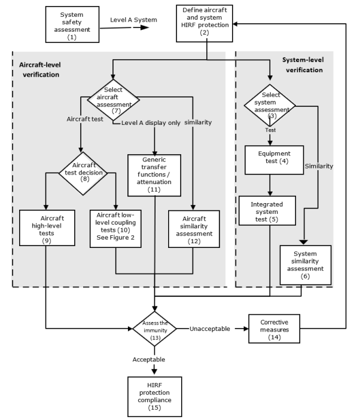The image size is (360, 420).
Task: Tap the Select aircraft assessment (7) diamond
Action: click(x=114, y=99)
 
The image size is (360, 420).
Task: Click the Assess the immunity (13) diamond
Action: click(x=154, y=328)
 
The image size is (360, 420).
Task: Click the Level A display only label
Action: click(x=151, y=123)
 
